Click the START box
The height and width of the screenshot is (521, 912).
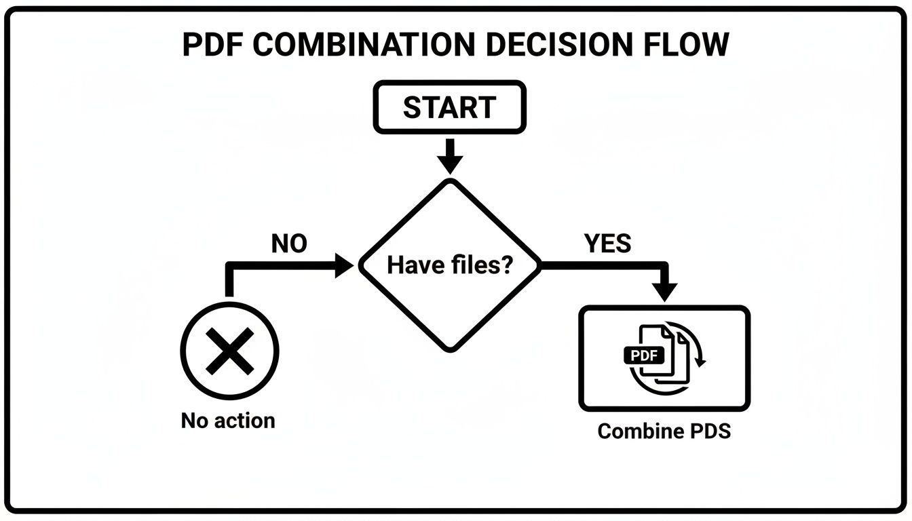coord(449,107)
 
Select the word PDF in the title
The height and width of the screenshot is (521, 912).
coord(212,45)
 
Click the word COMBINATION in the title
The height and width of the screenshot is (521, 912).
coord(364,45)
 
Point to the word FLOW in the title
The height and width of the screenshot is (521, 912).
coord(686,45)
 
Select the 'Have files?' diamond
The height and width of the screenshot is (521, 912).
coord(449,265)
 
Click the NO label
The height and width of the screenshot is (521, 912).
coord(289,244)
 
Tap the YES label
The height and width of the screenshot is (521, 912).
coord(607,244)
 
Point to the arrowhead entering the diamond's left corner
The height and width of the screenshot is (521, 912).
coord(344,265)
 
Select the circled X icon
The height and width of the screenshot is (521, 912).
coord(230,351)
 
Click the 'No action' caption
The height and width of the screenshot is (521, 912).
coord(228,421)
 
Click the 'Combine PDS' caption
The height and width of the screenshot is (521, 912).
coord(664,431)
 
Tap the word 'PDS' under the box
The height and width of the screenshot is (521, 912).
coord(710,431)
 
